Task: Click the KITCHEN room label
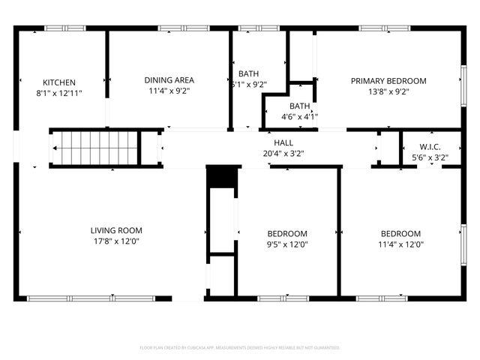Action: [59, 82]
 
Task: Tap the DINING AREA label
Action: [169, 80]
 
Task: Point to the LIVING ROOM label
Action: [116, 230]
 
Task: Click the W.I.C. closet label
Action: [430, 147]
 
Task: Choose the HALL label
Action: [283, 142]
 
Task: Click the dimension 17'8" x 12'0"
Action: [116, 241]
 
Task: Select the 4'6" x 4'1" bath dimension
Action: [299, 116]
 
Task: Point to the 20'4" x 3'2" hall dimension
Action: [283, 154]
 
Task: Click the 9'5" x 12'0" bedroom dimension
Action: [288, 244]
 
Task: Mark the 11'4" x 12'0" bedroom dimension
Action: [400, 244]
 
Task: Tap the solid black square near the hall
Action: [221, 177]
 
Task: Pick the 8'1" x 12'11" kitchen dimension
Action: [59, 94]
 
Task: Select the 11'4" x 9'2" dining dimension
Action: [169, 91]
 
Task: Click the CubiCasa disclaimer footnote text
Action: [240, 347]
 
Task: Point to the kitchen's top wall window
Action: [64, 28]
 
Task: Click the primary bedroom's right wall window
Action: [463, 78]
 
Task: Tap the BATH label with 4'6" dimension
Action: [299, 106]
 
